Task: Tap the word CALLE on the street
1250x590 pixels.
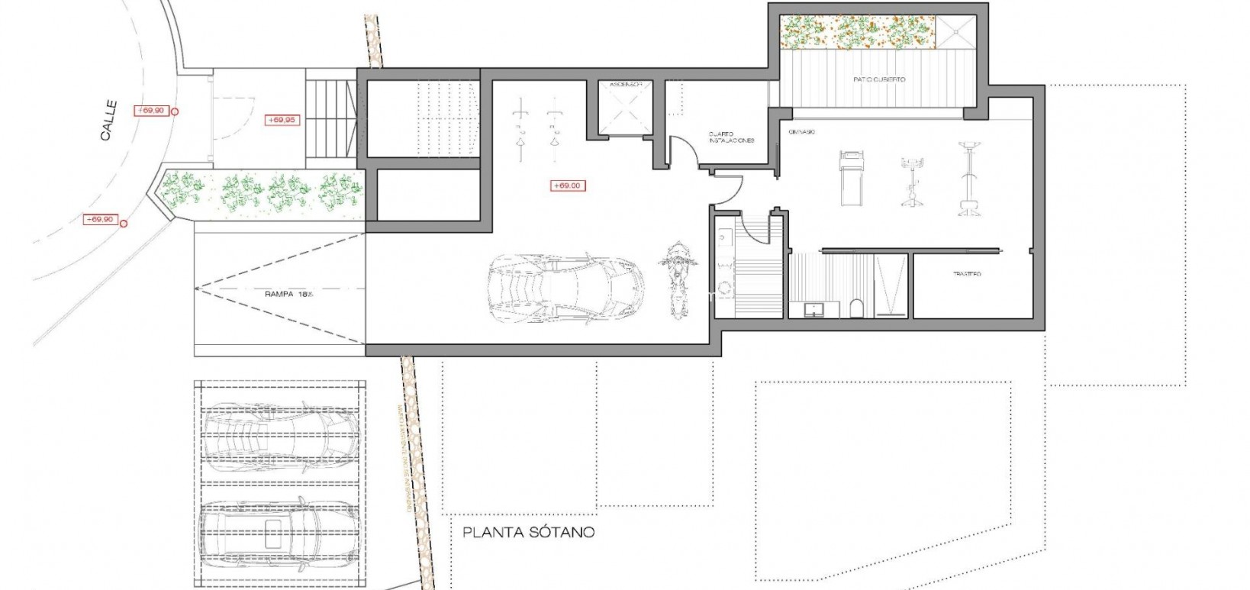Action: [x=108, y=121]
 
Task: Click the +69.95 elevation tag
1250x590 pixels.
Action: [x=282, y=120]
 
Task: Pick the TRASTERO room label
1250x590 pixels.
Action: [x=966, y=273]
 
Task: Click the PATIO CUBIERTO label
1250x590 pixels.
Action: [x=878, y=79]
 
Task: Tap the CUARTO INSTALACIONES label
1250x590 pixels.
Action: [x=730, y=137]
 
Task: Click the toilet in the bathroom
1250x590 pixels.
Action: [x=855, y=308]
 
